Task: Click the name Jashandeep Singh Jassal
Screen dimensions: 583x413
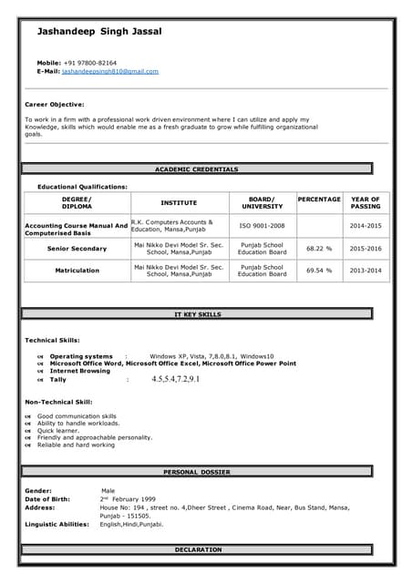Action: pos(99,32)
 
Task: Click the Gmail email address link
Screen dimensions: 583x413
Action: pos(110,71)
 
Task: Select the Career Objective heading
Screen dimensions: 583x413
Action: pos(54,104)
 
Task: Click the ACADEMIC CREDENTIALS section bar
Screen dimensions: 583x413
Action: pos(197,169)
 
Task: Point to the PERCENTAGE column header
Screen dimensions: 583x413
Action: pos(319,199)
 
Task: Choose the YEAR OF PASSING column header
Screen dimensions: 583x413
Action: pos(366,202)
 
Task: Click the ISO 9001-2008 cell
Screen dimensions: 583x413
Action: pos(262,225)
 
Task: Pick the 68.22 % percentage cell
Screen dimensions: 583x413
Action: pos(319,248)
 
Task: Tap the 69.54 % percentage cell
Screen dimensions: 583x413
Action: pos(319,271)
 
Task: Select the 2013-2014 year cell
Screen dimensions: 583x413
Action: pos(366,271)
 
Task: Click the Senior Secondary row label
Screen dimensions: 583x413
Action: pos(77,248)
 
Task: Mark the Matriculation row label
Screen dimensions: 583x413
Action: pos(77,271)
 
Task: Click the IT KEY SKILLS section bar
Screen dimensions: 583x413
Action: pos(197,314)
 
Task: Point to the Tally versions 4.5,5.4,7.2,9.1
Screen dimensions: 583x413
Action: pos(175,379)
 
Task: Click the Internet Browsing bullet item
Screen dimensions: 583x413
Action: pos(79,371)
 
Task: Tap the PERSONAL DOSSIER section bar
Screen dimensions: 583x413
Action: pos(197,472)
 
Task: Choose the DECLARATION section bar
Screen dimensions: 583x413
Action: pos(197,549)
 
